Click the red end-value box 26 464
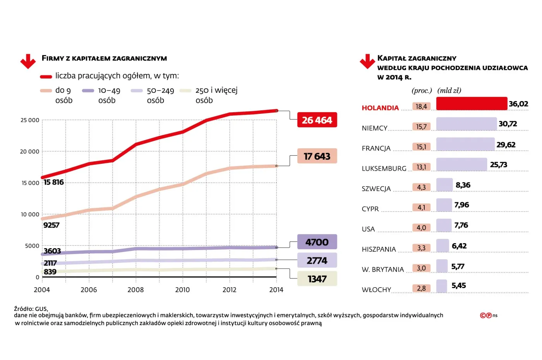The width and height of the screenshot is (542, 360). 317,120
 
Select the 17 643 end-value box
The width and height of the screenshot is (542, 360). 317,156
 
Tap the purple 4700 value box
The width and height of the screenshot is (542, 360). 317,242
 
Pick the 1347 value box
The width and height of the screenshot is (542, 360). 317,279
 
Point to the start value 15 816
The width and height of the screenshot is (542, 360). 54,182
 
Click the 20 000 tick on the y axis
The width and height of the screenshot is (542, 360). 30,152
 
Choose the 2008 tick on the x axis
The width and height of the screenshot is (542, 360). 135,290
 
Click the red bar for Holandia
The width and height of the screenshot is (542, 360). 472,103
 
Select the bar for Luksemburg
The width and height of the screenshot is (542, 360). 461,164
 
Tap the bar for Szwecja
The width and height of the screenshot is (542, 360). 444,185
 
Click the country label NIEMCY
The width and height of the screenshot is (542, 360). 374,128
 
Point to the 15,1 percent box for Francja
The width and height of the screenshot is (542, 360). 421,147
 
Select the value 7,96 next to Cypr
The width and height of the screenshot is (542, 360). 461,205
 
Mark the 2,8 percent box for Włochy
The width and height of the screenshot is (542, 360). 421,288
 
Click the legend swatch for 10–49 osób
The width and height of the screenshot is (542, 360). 88,91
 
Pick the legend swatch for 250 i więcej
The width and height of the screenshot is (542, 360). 185,91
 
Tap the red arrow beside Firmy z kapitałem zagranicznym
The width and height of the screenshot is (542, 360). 28,61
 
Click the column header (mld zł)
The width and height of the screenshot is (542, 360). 449,91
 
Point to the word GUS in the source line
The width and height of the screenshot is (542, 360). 41,309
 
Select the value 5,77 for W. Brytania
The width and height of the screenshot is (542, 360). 458,266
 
